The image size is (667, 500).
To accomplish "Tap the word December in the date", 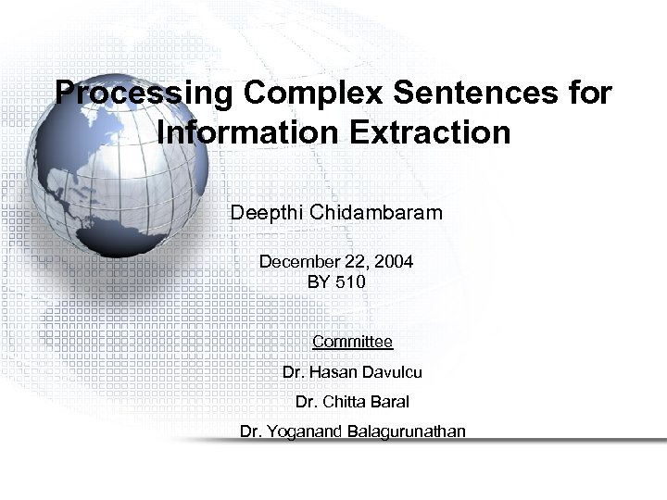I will [x=299, y=262].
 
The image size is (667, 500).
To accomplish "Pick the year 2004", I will [x=393, y=262].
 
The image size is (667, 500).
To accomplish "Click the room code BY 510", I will [x=336, y=281].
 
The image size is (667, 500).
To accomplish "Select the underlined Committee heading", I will [x=352, y=342].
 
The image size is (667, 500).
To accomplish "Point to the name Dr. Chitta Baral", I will [x=352, y=402].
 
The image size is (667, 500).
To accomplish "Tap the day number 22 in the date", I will [x=357, y=262].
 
